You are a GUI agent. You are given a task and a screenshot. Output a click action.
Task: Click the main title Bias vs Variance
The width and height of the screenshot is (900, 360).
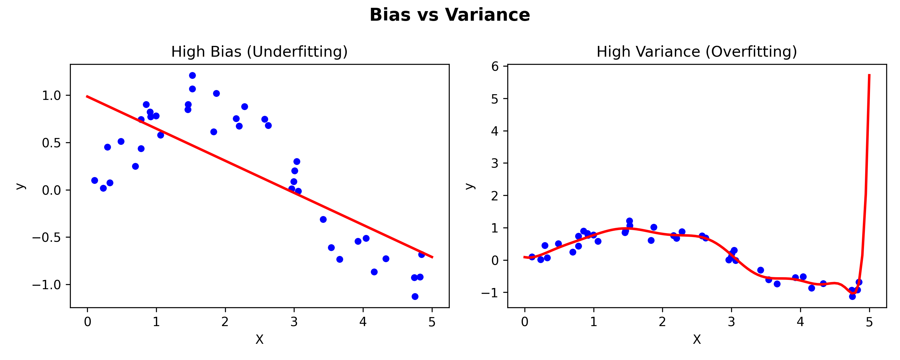(x=450, y=15)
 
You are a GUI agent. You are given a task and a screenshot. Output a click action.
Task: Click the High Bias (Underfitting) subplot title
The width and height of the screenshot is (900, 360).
(x=259, y=52)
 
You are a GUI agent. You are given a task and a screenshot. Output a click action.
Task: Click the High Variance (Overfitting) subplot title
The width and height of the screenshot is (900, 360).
(x=697, y=52)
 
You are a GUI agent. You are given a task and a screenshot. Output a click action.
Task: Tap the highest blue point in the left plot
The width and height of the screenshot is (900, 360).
(x=192, y=76)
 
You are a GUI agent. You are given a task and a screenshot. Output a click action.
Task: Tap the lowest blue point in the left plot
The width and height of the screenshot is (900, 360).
(x=415, y=296)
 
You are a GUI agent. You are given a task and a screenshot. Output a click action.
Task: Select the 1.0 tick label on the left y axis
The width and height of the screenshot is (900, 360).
(x=51, y=95)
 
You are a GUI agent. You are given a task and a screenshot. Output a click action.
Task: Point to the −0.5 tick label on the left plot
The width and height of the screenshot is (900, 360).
(x=46, y=238)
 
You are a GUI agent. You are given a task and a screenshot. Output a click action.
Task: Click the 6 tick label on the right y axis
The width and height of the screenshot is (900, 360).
(x=495, y=66)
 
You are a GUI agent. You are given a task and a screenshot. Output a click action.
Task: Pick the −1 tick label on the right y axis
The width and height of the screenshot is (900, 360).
(x=490, y=292)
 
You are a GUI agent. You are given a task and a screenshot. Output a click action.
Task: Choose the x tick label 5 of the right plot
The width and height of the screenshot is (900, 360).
(x=869, y=322)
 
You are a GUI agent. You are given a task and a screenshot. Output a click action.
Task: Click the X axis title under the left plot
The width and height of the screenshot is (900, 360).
(x=259, y=339)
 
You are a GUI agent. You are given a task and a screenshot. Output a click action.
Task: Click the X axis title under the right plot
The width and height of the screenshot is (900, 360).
(x=697, y=339)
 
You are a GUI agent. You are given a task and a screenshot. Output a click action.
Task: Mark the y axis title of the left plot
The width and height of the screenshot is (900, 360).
(x=21, y=186)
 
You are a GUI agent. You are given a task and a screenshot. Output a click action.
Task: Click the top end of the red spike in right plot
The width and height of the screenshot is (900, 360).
(x=869, y=75)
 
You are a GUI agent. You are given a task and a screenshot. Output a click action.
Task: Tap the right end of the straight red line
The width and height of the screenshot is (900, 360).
(x=433, y=257)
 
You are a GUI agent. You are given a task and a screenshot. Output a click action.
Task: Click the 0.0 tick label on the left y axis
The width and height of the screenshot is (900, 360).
(x=51, y=190)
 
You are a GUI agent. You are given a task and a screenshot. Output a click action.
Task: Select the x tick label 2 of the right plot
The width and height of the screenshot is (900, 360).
(x=662, y=322)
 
